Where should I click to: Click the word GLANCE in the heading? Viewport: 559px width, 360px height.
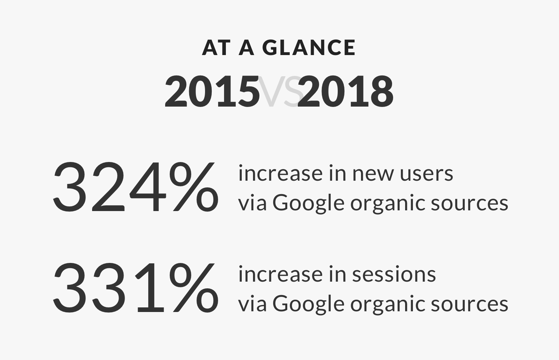pos(309,48)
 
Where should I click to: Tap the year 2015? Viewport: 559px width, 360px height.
pos(212,92)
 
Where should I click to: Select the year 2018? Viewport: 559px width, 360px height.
pos(346,92)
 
